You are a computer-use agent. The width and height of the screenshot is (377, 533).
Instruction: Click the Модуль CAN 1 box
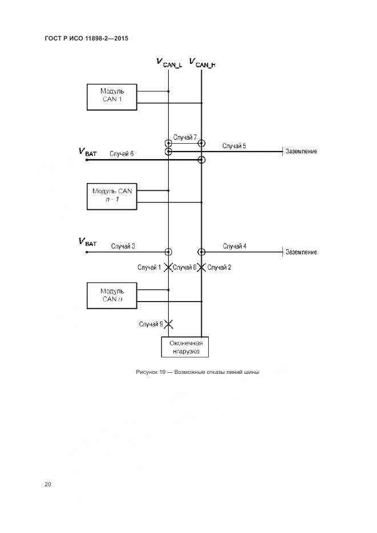[112, 96]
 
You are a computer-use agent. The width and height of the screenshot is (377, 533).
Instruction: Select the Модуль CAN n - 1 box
[112, 196]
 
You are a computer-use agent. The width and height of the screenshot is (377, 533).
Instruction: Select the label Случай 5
[234, 147]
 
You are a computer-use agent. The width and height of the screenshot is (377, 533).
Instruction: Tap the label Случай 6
[121, 153]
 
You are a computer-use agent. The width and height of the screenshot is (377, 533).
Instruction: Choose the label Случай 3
[123, 246]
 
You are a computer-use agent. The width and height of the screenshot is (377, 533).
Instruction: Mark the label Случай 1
[149, 267]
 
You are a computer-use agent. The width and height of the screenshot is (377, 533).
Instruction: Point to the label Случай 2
[219, 267]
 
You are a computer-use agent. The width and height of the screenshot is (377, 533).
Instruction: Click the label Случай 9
[151, 324]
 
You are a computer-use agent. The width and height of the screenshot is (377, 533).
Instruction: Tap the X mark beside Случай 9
[168, 324]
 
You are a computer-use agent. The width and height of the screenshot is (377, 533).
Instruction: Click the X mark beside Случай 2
[201, 267]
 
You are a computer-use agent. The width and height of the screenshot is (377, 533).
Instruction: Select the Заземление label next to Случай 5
[302, 152]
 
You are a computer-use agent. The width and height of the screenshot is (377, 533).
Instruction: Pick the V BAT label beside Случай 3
[87, 242]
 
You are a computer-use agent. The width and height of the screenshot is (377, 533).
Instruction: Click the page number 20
[48, 484]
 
